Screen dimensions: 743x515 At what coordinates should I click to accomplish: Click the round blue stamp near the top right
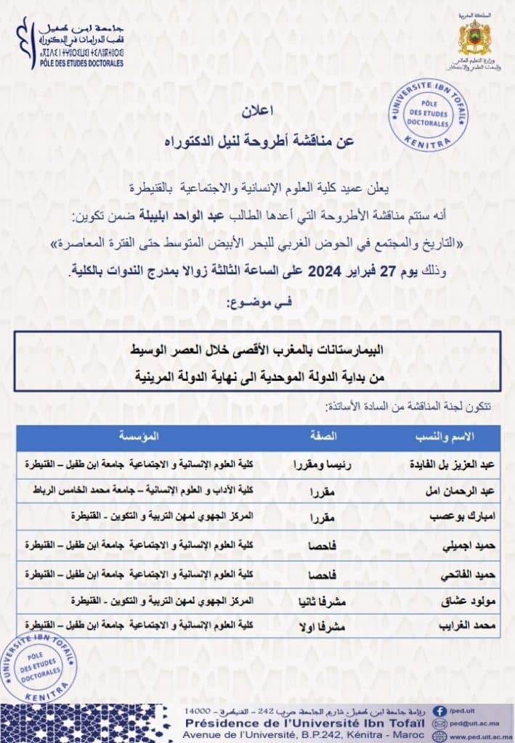[x=429, y=115]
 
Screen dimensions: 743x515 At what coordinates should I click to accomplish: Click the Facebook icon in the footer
[x=439, y=711]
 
